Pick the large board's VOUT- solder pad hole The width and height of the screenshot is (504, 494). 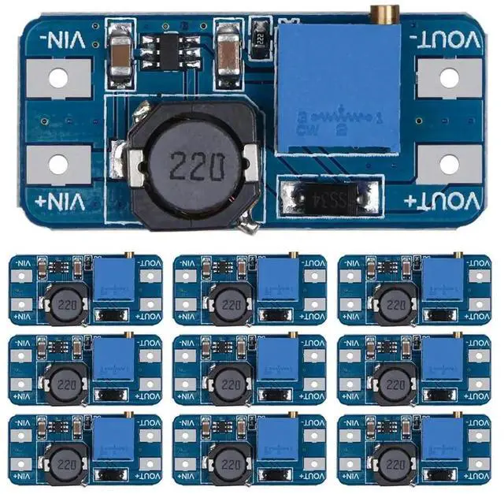click(448, 78)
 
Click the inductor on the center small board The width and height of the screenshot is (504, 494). click(228, 383)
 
